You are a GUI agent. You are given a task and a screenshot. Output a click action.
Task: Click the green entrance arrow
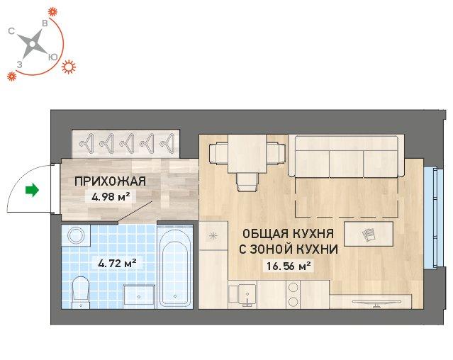pyautogui.click(x=32, y=190)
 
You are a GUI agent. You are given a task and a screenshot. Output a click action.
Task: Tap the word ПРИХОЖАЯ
pyautogui.click(x=111, y=181)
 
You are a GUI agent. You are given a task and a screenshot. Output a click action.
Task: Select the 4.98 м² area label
pyautogui.click(x=110, y=197)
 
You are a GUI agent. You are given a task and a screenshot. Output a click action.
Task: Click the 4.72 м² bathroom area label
pyautogui.click(x=117, y=264)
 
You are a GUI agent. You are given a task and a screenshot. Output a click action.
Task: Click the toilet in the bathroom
pyautogui.click(x=80, y=292)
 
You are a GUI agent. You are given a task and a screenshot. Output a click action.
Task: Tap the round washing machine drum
pyautogui.click(x=77, y=235)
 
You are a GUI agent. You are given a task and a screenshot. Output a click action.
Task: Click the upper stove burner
pyautogui.click(x=293, y=287)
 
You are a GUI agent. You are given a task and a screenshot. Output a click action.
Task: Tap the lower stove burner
pyautogui.click(x=293, y=302)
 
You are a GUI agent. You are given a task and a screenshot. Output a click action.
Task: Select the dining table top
pyautogui.click(x=247, y=154)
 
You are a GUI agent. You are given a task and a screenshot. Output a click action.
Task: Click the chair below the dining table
pyautogui.click(x=247, y=182)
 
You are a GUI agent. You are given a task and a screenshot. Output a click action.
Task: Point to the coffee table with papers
pyautogui.click(x=369, y=234)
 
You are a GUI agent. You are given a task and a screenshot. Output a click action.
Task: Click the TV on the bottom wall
pyautogui.click(x=376, y=303)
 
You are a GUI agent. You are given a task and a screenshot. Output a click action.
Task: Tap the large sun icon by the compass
pyautogui.click(x=69, y=67)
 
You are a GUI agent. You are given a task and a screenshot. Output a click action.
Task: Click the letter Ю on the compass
pyautogui.click(x=52, y=57)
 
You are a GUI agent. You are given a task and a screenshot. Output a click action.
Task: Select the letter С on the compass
pyautogui.click(x=11, y=31)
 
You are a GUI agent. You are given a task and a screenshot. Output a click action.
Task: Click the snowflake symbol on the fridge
pyautogui.click(x=213, y=236)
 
